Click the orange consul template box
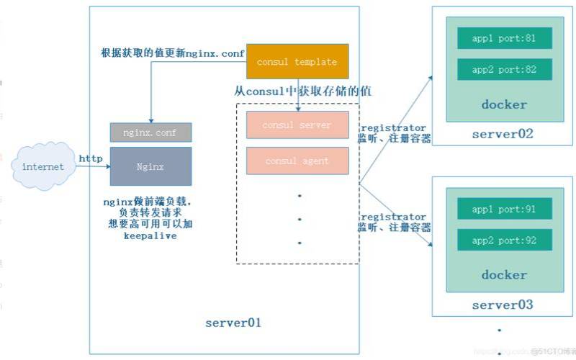pyautogui.click(x=297, y=62)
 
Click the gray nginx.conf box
pyautogui.click(x=151, y=132)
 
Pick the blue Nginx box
pyautogui.click(x=151, y=166)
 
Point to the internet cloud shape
pyautogui.click(x=43, y=167)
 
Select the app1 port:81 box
pyautogui.click(x=505, y=39)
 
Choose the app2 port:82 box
pyautogui.click(x=505, y=70)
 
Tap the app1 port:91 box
pyautogui.click(x=505, y=209)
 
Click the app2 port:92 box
pyautogui.click(x=505, y=240)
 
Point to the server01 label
pyautogui.click(x=233, y=322)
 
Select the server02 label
pyautogui.click(x=503, y=134)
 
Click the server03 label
pyautogui.click(x=503, y=305)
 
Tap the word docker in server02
pyautogui.click(x=504, y=104)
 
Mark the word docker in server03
pyautogui.click(x=504, y=274)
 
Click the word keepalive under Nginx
pyautogui.click(x=150, y=235)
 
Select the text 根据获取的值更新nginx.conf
pyautogui.click(x=172, y=53)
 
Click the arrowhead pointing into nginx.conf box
pyautogui.click(x=151, y=120)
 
